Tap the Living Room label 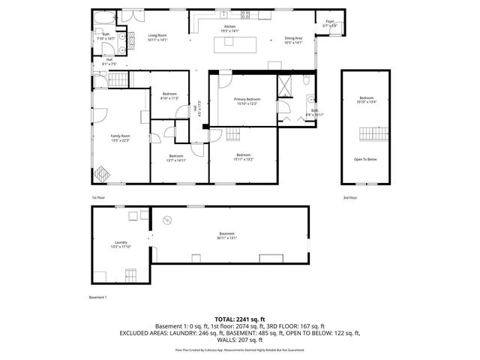pos(157,37)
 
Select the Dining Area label pos(292,40)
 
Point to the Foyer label pos(330,24)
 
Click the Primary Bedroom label pos(247,101)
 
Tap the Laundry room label pos(121,244)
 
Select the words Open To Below pos(365,159)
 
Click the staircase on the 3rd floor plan pos(365,135)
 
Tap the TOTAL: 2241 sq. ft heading pos(239,319)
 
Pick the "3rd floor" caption pos(350,198)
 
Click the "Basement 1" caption pos(98,297)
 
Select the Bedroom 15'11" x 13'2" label pos(243,157)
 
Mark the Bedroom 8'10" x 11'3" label pos(169,95)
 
